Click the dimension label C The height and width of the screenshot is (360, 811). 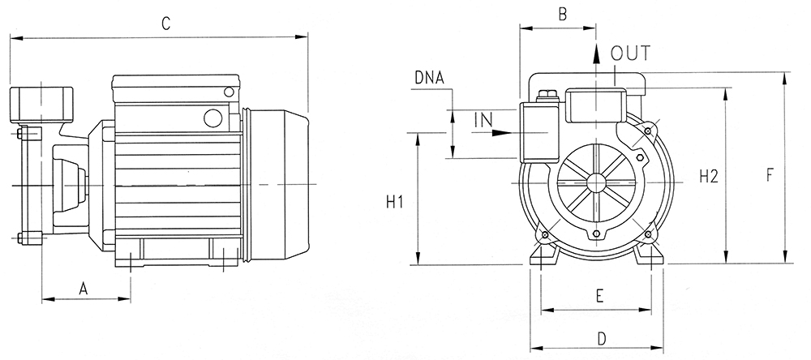(x=165, y=24)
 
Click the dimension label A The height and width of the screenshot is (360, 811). (x=84, y=289)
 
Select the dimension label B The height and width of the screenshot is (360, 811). (x=563, y=14)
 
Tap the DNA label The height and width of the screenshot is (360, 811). (x=429, y=78)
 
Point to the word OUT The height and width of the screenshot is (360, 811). (x=630, y=54)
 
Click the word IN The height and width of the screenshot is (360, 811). (x=483, y=121)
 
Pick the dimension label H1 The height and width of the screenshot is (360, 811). (x=395, y=202)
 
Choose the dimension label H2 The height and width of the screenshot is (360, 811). (x=709, y=177)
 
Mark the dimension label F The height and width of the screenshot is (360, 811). (x=769, y=176)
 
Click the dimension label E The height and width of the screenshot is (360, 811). (x=599, y=296)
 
